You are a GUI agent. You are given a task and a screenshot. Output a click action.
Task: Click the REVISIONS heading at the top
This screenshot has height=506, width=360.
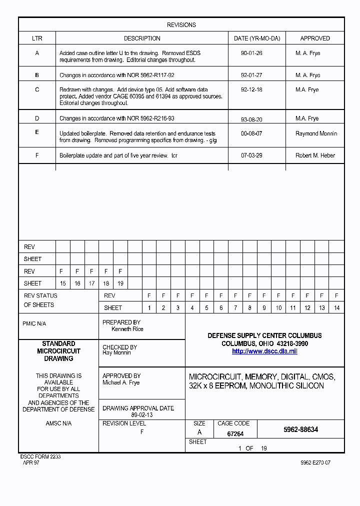click(x=181, y=25)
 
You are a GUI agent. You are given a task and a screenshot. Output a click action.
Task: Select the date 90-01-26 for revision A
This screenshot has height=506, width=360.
click(x=251, y=53)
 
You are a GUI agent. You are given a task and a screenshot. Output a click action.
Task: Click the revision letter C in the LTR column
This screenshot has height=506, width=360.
click(x=37, y=89)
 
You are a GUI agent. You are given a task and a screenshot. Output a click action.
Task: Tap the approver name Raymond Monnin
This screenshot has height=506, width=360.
click(x=316, y=133)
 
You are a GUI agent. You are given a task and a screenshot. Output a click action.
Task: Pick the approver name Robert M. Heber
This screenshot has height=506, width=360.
click(x=315, y=155)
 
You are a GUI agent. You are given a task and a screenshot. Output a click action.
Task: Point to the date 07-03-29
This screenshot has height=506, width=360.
click(x=251, y=155)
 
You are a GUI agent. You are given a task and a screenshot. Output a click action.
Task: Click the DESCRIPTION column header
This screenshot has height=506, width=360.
click(x=142, y=38)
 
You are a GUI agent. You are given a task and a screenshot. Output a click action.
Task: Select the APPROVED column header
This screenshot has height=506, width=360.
click(x=314, y=38)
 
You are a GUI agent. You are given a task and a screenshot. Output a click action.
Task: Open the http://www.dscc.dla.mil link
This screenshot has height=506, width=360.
click(x=264, y=351)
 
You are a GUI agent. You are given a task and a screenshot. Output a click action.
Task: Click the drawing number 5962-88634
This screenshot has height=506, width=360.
click(x=300, y=429)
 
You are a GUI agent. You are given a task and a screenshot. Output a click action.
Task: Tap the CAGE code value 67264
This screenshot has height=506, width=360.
click(x=235, y=434)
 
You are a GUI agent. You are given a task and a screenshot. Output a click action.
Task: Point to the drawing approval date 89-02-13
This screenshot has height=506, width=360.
click(x=141, y=415)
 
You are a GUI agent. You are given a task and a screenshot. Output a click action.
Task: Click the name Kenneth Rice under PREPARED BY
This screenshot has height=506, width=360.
click(x=127, y=329)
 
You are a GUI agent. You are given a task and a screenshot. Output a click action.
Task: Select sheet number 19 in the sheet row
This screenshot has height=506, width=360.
click(x=120, y=283)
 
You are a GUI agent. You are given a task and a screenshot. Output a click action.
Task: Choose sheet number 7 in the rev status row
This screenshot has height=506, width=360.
click(x=235, y=308)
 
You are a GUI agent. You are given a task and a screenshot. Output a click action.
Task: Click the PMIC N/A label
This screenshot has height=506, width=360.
click(x=34, y=323)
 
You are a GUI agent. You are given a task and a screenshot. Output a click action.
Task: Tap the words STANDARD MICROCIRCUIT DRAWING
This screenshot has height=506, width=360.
click(x=58, y=351)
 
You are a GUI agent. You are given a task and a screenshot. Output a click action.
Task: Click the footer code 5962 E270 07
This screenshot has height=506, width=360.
click(x=315, y=463)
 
